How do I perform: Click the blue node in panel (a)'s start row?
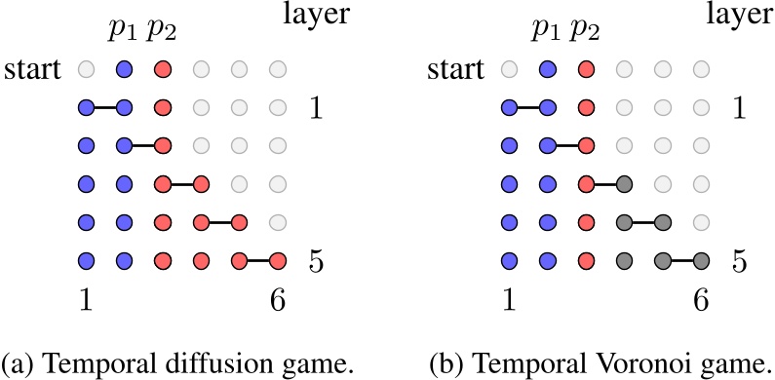pyautogui.click(x=124, y=70)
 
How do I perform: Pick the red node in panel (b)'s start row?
pyautogui.click(x=586, y=70)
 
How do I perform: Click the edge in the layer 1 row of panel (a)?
pyautogui.click(x=104, y=107)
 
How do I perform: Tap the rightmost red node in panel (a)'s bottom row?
pyautogui.click(x=278, y=261)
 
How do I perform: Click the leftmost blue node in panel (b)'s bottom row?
pyautogui.click(x=509, y=261)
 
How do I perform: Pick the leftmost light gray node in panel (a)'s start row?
pyautogui.click(x=86, y=70)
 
